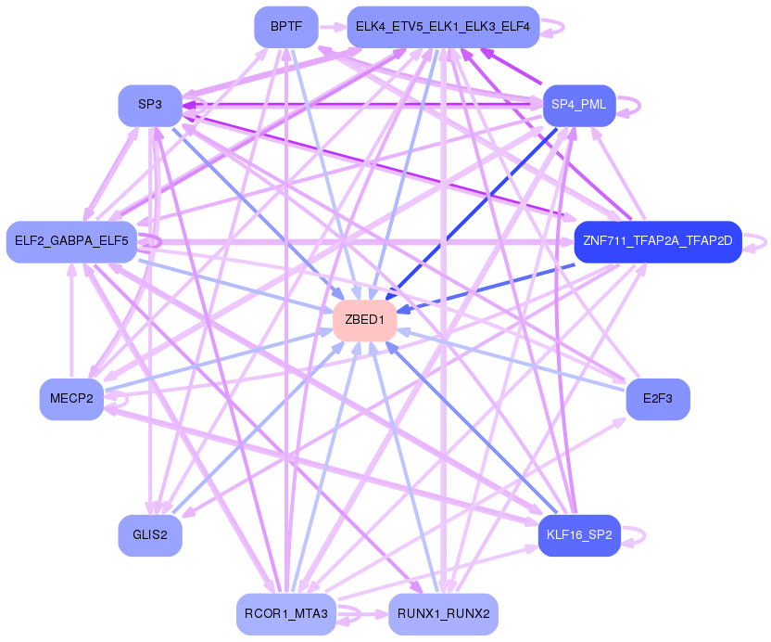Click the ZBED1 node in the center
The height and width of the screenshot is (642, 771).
(x=365, y=320)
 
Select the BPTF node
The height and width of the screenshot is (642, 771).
(x=286, y=27)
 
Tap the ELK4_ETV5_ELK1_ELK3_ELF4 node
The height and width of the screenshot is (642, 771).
(x=442, y=27)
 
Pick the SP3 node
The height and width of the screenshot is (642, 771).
(x=149, y=105)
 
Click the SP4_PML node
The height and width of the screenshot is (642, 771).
(x=578, y=105)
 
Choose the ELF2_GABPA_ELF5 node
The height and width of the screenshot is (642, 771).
(x=72, y=241)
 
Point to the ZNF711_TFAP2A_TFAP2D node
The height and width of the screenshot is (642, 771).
(x=658, y=241)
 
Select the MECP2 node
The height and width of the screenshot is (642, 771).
(x=71, y=399)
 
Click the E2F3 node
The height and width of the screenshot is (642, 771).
(x=658, y=399)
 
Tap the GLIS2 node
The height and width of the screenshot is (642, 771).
(x=149, y=535)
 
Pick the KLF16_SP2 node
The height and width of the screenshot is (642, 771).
(x=578, y=535)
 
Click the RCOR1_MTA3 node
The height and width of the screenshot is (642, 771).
(x=286, y=613)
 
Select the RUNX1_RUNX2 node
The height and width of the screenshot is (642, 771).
(x=443, y=613)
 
